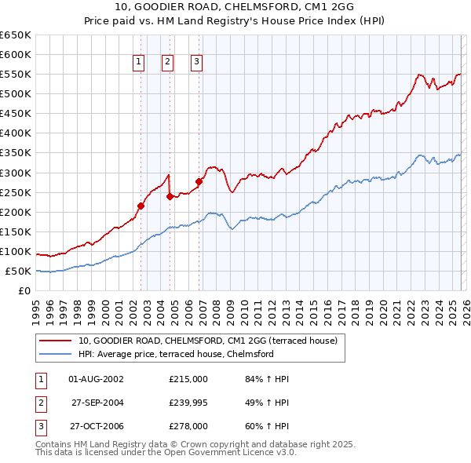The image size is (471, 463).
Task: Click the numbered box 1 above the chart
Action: point(138,62)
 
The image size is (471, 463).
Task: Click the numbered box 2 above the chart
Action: point(168,62)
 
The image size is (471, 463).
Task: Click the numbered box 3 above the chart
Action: point(196,62)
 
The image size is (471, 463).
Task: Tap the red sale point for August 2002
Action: point(141,206)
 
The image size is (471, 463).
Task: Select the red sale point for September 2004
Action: point(170,196)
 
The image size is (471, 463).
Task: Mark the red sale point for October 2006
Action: point(199,181)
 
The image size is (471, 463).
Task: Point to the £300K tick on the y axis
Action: point(16,173)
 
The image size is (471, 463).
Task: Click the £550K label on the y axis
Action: point(16,75)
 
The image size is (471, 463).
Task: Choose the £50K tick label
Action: point(19,272)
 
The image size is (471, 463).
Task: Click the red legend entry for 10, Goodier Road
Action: point(207,341)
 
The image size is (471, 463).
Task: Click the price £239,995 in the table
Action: point(188,403)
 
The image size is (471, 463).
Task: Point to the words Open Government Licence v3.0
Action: point(228,453)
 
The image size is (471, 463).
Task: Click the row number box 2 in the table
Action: point(39,403)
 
